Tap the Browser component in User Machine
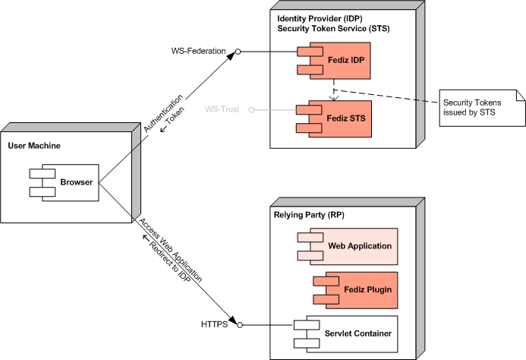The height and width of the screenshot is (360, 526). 65,182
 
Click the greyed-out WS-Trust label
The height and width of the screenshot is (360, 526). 222,109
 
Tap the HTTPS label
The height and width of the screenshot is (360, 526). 214,325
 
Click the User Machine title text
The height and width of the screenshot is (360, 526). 34,144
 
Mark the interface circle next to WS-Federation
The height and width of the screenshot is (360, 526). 238,52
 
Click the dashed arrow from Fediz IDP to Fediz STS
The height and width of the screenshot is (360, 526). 333,90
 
